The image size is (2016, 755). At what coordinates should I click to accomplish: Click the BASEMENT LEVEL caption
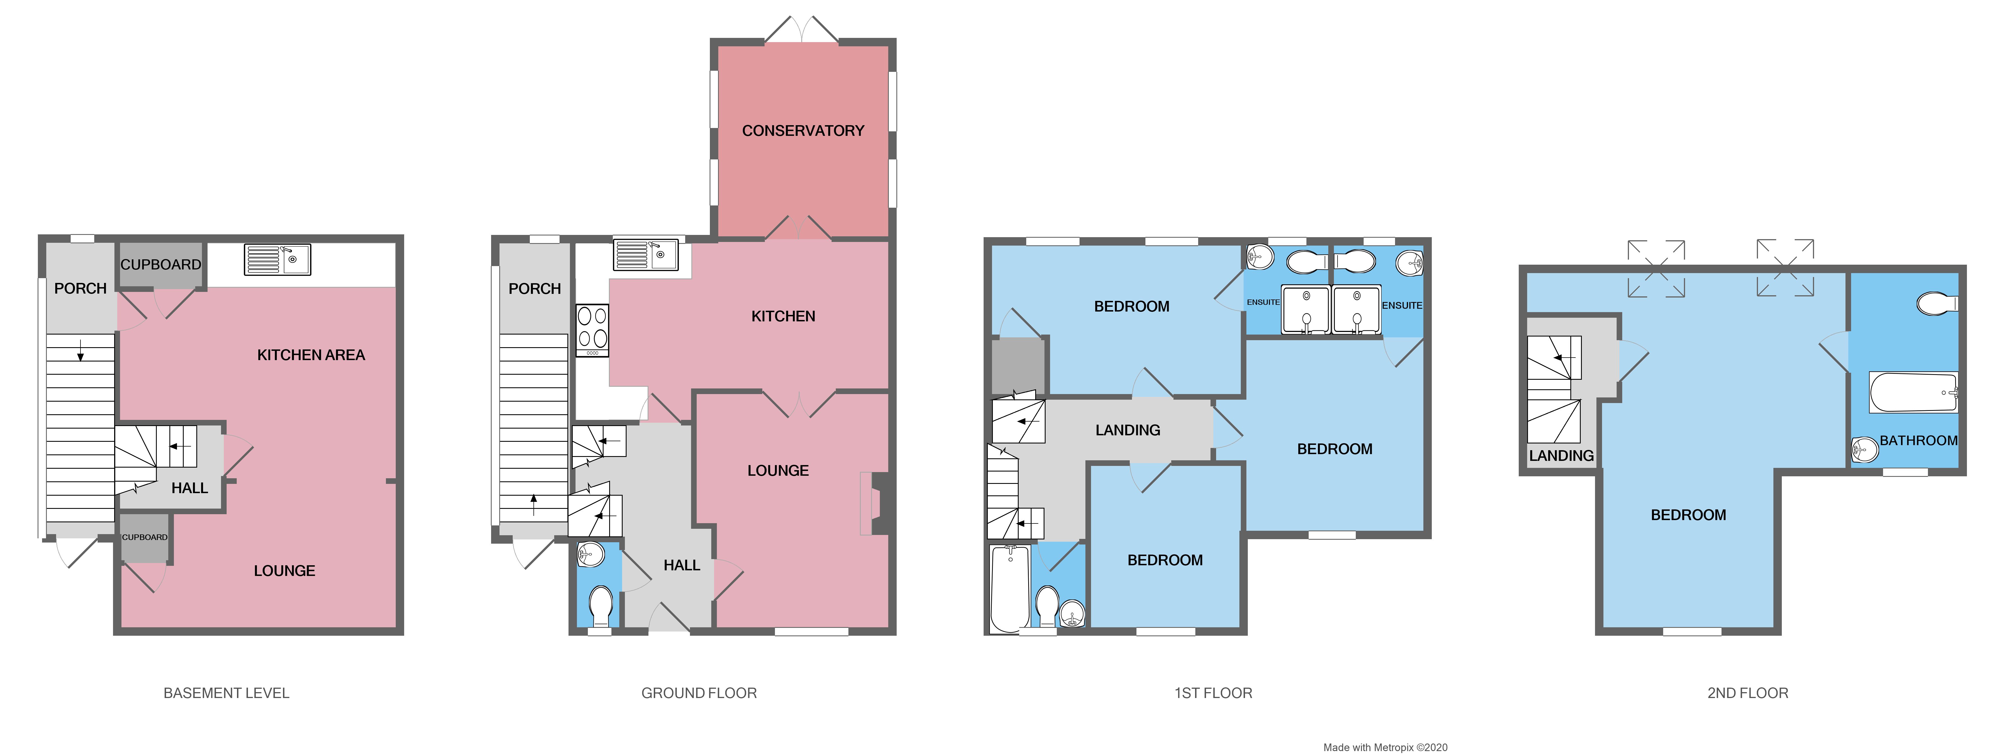pyautogui.click(x=226, y=693)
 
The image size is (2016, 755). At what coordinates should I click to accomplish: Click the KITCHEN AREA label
pyautogui.click(x=311, y=355)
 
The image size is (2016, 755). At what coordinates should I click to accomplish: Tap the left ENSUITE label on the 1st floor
pyautogui.click(x=1262, y=302)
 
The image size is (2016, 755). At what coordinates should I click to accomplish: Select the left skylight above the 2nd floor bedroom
pyautogui.click(x=1656, y=269)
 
